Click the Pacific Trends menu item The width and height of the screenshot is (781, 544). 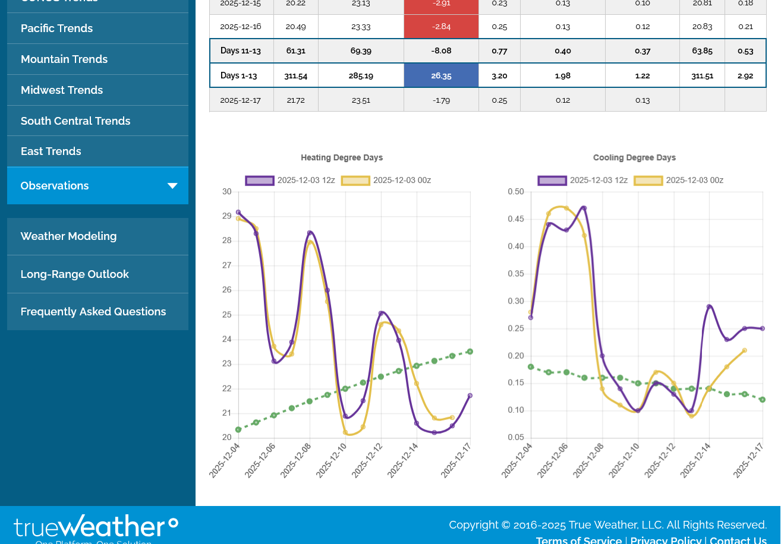(x=56, y=29)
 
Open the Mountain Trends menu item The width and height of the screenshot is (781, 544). (x=64, y=59)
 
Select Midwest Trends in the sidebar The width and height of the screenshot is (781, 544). (x=62, y=90)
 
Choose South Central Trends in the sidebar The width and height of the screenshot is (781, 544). (x=75, y=121)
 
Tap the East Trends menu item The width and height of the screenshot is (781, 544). (x=51, y=151)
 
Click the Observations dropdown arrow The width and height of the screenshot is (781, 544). (x=172, y=186)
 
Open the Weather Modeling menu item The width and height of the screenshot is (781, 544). (x=68, y=236)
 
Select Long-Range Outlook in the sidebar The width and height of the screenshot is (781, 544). (x=74, y=274)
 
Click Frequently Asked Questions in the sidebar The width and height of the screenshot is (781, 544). (x=93, y=312)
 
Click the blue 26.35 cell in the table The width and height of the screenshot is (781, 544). (x=441, y=75)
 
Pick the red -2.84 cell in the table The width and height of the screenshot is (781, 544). (x=441, y=27)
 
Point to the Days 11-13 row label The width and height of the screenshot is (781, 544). (x=241, y=51)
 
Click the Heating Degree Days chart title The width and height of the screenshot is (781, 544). (x=342, y=158)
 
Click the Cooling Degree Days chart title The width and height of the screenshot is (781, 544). (x=634, y=158)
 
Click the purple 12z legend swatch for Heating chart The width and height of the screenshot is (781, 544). (x=260, y=181)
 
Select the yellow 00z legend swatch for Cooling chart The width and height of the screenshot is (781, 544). (x=648, y=181)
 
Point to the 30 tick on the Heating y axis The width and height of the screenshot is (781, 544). (x=227, y=192)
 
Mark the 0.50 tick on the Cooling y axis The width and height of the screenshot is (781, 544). (x=516, y=192)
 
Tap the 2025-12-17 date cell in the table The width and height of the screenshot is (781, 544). (x=241, y=100)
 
